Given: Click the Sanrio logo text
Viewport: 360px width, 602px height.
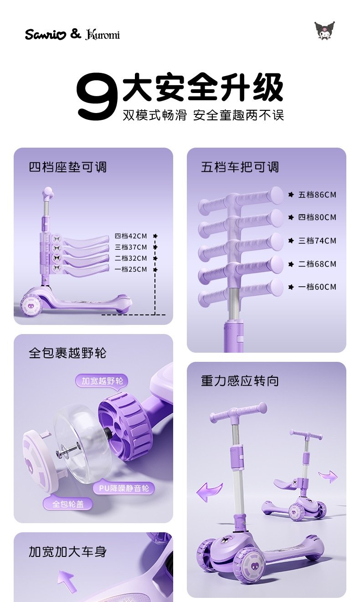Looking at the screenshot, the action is pyautogui.click(x=46, y=35).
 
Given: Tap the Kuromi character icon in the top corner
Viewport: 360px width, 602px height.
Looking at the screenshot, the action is pyautogui.click(x=325, y=31).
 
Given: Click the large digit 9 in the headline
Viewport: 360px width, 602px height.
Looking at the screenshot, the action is pyautogui.click(x=97, y=96).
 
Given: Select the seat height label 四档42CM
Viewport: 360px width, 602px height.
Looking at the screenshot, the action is pyautogui.click(x=131, y=236).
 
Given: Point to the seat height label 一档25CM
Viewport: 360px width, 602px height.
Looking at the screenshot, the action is pyautogui.click(x=131, y=269).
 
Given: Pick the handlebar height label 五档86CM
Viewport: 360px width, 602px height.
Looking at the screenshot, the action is pyautogui.click(x=317, y=195).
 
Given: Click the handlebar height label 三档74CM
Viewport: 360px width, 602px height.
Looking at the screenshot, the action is pyautogui.click(x=317, y=241).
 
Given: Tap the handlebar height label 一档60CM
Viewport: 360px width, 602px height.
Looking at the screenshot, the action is pyautogui.click(x=317, y=287).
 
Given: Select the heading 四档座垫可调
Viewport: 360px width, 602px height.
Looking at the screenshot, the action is pyautogui.click(x=68, y=167).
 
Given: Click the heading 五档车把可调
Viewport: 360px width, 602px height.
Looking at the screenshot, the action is pyautogui.click(x=240, y=167).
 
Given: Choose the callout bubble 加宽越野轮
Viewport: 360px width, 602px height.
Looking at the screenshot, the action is pyautogui.click(x=102, y=381).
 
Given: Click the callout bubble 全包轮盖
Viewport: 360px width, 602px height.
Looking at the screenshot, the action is pyautogui.click(x=68, y=504).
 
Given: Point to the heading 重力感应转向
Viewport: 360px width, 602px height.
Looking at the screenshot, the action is pyautogui.click(x=240, y=381).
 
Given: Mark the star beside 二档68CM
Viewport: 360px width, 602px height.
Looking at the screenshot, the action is pyautogui.click(x=291, y=264).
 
